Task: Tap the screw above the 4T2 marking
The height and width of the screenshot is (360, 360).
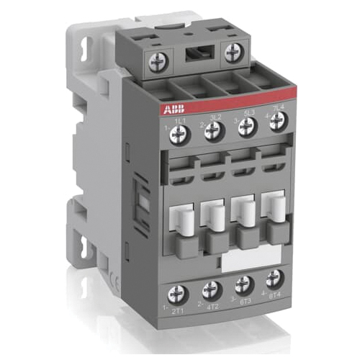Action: coord(211,290)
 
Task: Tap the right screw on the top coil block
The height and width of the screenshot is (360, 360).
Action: coord(233,53)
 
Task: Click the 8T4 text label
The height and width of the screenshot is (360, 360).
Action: coord(274,295)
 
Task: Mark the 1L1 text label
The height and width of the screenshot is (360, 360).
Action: coord(179,120)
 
